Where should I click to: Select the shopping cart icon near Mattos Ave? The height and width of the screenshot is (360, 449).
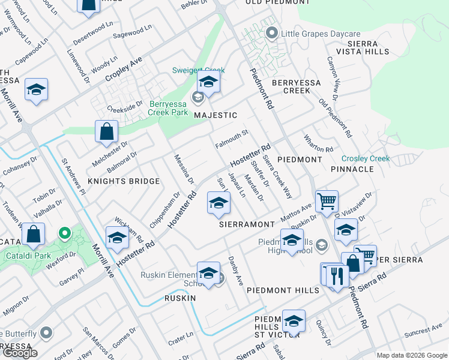(327, 202)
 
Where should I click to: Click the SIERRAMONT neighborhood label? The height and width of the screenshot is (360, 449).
(247, 223)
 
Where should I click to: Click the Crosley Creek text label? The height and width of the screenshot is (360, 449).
(366, 158)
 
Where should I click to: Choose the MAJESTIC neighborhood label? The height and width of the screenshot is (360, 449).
(215, 115)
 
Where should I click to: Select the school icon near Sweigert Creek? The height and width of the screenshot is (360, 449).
(208, 81)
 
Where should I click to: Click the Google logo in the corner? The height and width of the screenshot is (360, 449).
(20, 353)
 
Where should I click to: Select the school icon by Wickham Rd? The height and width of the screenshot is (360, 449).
(118, 238)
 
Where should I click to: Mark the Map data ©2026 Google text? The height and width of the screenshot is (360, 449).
(411, 355)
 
